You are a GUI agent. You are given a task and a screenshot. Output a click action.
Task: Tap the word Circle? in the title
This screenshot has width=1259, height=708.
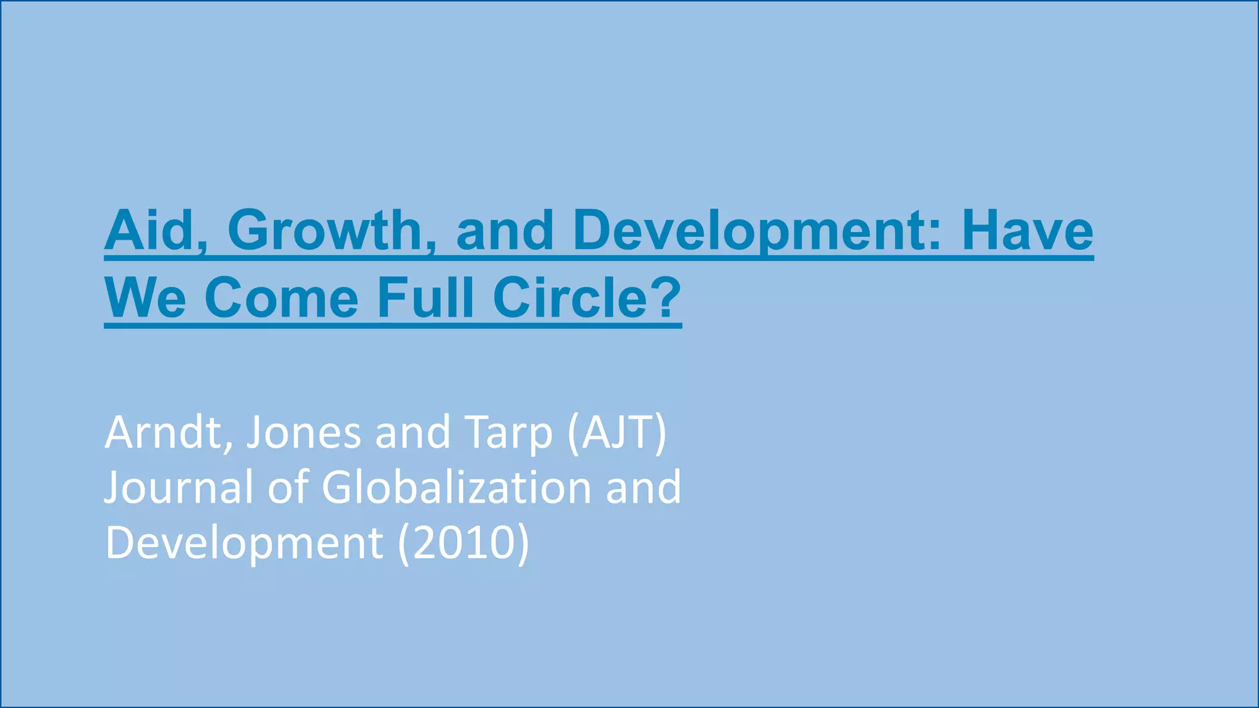click(x=587, y=298)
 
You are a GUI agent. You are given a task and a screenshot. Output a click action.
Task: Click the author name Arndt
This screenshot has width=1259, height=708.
click(x=167, y=433)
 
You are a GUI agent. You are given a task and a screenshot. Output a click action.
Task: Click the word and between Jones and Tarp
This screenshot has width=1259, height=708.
click(x=413, y=433)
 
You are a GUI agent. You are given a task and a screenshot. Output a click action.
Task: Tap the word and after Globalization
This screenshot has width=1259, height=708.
click(x=644, y=487)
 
